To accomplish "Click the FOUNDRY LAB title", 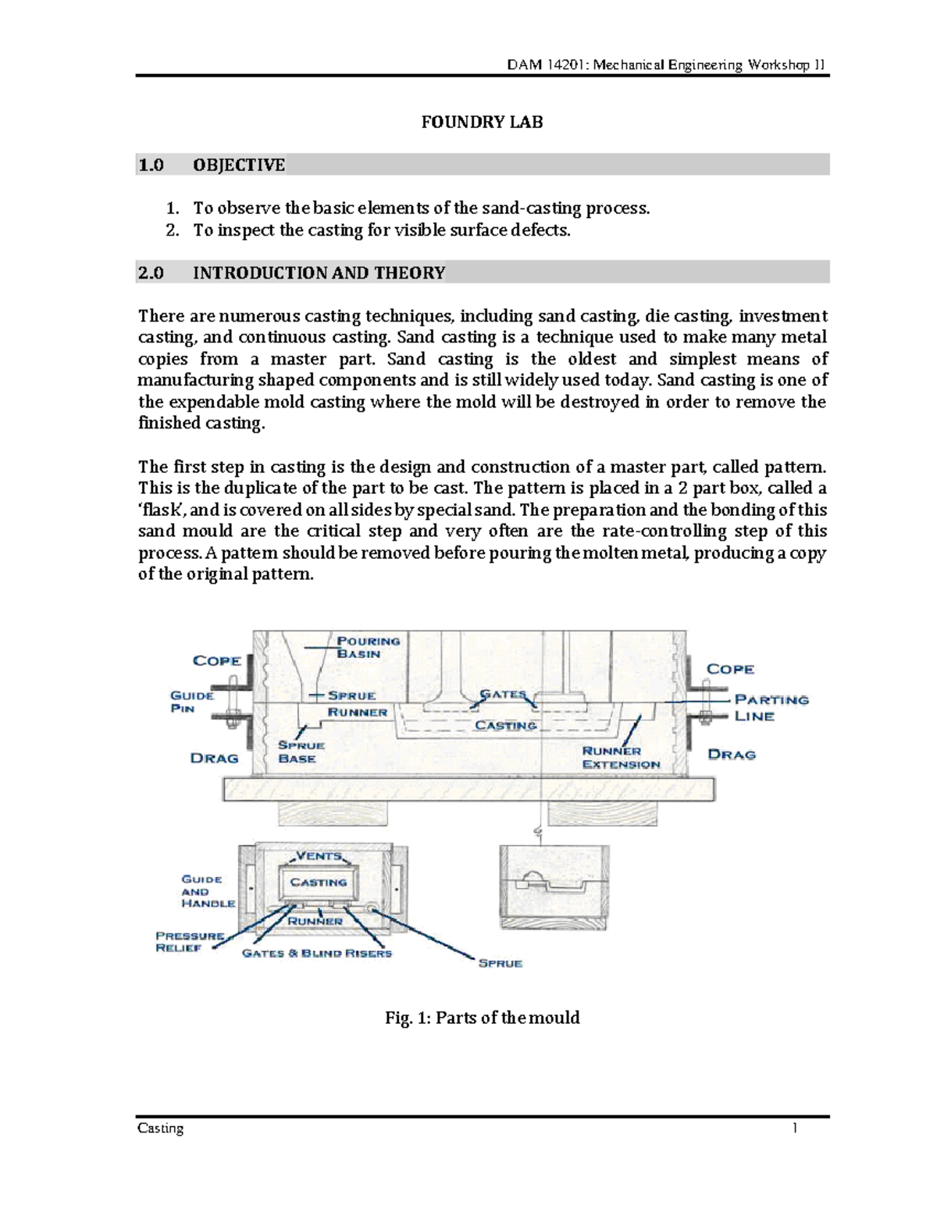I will [482, 123].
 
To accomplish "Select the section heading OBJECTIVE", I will [239, 165].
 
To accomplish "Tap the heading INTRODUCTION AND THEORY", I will [319, 273].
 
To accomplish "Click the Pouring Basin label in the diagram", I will [368, 647].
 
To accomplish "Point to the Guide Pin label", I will [191, 702].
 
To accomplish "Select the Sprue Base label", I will [301, 752].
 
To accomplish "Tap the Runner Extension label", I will [621, 758].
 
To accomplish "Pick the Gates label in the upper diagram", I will [503, 694].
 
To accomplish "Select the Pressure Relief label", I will [190, 941].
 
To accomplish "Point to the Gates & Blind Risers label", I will [316, 954].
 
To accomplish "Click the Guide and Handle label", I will [207, 891].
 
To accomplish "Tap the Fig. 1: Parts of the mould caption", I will [482, 1018].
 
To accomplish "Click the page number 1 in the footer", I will [794, 1128].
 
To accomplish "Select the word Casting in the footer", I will [160, 1128].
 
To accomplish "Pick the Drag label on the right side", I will [731, 754].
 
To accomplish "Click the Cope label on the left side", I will [216, 660].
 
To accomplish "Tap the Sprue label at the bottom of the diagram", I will [500, 963].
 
